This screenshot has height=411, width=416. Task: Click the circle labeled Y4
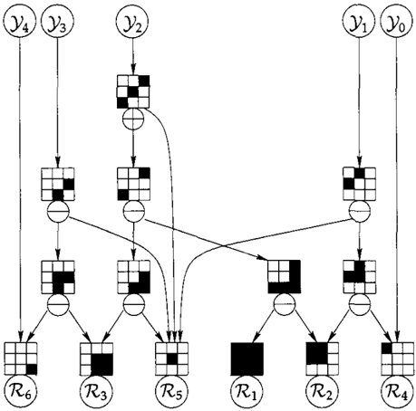coord(20,23)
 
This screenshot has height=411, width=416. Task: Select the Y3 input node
coord(58,23)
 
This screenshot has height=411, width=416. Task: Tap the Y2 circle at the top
coord(133,23)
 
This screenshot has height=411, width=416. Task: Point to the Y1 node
coord(359,23)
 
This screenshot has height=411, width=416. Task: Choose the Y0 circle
coord(396,23)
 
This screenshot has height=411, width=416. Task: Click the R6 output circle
coord(20,392)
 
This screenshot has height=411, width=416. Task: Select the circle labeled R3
coord(96,392)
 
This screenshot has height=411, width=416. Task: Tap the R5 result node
coord(171,392)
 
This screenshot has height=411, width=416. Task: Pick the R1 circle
coord(247,392)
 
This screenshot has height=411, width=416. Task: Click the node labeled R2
coord(322,392)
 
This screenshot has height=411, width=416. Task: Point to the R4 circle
coord(398,392)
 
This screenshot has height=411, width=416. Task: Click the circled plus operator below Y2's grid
coord(133,119)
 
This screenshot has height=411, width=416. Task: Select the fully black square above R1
coord(247,358)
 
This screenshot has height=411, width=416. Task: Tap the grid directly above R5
coord(171,358)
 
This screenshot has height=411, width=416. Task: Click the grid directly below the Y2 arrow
coord(133,91)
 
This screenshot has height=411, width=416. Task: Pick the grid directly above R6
coord(21,358)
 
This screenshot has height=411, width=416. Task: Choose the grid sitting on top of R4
coord(398,358)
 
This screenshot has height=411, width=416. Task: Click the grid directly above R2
coord(322,358)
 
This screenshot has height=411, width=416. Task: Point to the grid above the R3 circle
coord(96,358)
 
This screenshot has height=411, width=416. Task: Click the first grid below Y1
coord(359,184)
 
